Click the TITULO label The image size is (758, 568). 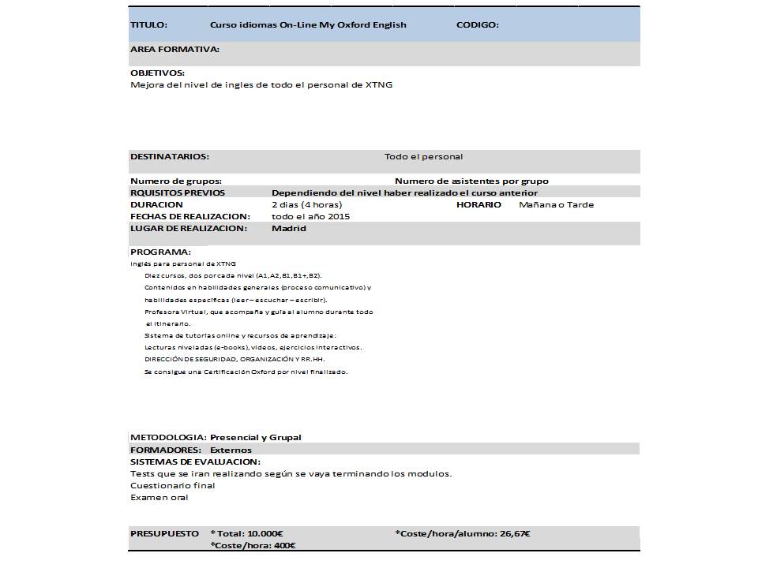coord(148,25)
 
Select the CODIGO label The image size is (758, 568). coord(477,25)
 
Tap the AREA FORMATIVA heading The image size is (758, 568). coord(174,49)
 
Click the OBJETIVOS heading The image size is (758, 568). coord(157,73)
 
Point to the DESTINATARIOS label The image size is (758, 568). coord(169,157)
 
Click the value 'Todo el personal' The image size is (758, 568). coord(423,157)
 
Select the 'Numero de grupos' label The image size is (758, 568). coord(175,181)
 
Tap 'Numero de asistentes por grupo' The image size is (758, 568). coord(471,181)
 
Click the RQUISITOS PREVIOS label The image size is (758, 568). coord(177,193)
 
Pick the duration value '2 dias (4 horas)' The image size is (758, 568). coord(306,205)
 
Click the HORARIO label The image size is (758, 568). coord(478,205)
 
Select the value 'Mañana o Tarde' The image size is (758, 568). coord(556,205)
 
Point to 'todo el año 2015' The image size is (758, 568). coord(310,217)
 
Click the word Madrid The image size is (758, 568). coord(288,229)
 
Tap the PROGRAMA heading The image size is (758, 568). coord(160,252)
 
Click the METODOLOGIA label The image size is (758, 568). coord(168,438)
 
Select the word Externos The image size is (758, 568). coord(231,450)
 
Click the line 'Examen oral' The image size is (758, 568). coord(159,498)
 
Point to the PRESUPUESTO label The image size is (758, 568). coord(164,534)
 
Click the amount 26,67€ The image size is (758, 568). coord(515,534)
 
